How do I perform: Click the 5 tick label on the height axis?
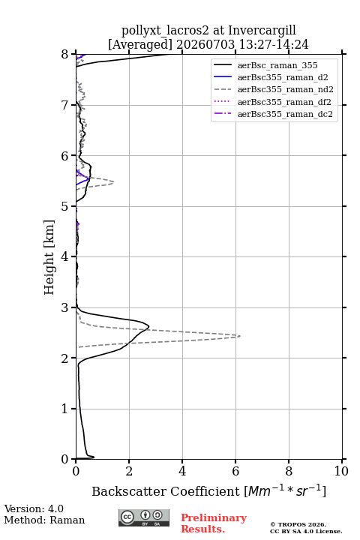tap(64, 207)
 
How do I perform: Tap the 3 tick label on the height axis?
tap(64, 307)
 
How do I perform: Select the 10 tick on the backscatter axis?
tap(342, 460)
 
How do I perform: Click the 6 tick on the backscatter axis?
tap(235, 460)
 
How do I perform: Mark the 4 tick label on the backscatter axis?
tap(182, 471)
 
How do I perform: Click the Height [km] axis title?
tap(49, 257)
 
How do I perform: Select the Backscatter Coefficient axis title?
tap(208, 491)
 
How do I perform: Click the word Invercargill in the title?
tap(262, 30)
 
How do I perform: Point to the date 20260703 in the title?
tap(205, 44)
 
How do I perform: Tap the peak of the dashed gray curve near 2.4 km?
tap(240, 336)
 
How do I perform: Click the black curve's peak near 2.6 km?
tap(148, 326)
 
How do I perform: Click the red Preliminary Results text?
tap(214, 523)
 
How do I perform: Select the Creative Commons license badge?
tap(144, 518)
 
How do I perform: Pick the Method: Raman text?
tap(44, 520)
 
